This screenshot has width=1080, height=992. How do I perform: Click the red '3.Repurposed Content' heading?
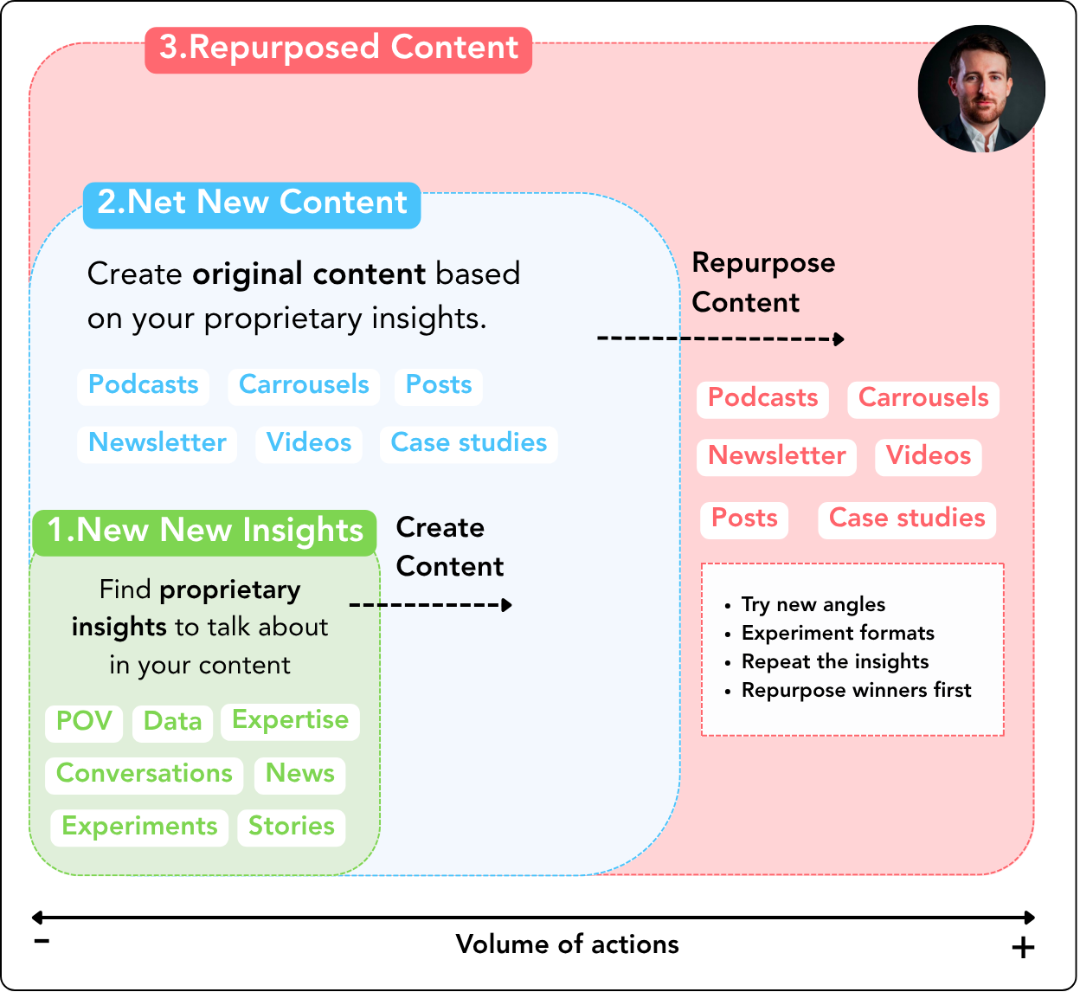click(338, 48)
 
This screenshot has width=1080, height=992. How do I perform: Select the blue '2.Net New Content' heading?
click(252, 203)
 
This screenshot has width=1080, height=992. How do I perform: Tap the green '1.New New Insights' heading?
click(205, 531)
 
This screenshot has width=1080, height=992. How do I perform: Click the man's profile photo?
click(981, 88)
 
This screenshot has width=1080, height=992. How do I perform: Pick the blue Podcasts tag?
click(144, 385)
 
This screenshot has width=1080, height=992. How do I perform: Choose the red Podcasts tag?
click(762, 398)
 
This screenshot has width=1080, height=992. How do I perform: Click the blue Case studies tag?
click(468, 443)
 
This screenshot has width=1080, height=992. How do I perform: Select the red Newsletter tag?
click(776, 456)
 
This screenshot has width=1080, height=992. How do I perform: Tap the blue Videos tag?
click(309, 443)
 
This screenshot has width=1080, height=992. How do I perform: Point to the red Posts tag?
click(744, 519)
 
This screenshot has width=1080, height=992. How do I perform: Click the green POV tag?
click(84, 721)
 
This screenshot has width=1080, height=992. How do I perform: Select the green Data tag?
click(172, 722)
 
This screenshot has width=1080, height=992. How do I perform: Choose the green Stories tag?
click(292, 827)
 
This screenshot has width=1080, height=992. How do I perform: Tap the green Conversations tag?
click(145, 774)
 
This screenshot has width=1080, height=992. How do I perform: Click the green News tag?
click(299, 774)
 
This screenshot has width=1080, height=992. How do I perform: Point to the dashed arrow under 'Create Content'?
click(430, 605)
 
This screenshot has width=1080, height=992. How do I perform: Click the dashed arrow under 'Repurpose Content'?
click(720, 338)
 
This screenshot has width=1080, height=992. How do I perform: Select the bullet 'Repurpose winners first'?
click(856, 691)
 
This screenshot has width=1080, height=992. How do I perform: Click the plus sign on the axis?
click(1023, 948)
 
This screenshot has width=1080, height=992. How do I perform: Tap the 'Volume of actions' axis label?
click(567, 944)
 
